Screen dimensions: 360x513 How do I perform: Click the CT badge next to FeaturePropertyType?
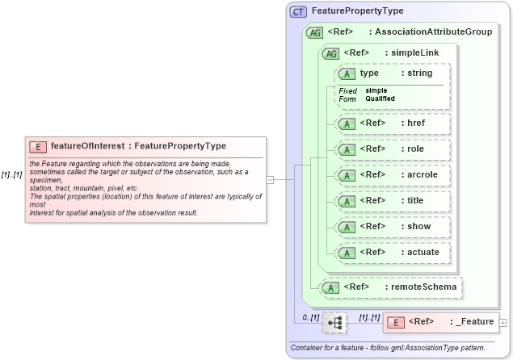pyautogui.click(x=299, y=12)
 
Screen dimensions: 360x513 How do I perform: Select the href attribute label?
pyautogui.click(x=417, y=123)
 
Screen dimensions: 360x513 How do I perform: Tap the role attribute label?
pyautogui.click(x=415, y=149)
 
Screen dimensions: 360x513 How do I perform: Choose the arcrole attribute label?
pyautogui.click(x=423, y=174)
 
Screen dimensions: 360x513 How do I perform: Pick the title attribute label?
pyautogui.click(x=415, y=200)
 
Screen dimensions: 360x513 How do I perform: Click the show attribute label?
pyautogui.click(x=418, y=226)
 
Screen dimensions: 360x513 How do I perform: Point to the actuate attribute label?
pyautogui.click(x=423, y=252)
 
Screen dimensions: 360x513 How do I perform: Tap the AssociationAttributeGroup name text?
pyautogui.click(x=430, y=32)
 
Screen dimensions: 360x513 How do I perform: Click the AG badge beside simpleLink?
pyautogui.click(x=330, y=53)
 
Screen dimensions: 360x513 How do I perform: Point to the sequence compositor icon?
pyautogui.click(x=334, y=322)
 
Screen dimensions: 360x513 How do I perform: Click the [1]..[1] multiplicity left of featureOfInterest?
pyautogui.click(x=12, y=174)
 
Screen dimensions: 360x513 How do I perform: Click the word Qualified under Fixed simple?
pyautogui.click(x=380, y=98)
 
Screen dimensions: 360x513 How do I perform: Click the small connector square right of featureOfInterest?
pyautogui.click(x=270, y=179)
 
